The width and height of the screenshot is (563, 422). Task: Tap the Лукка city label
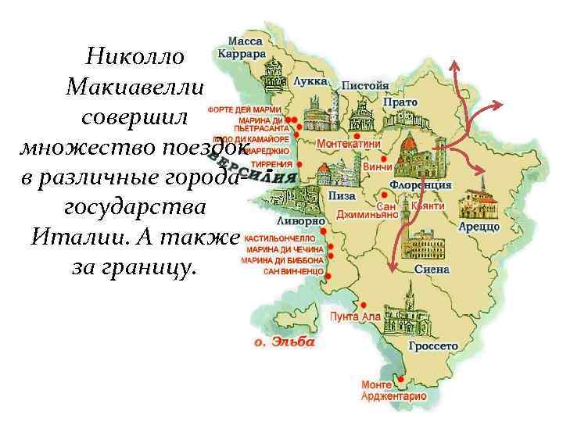[310, 81]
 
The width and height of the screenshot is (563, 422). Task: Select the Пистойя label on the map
[364, 84]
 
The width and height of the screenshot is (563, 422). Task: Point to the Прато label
[400, 102]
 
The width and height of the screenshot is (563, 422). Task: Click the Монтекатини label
[349, 145]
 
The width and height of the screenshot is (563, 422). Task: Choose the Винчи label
[378, 166]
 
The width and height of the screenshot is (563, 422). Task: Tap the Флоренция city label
[421, 185]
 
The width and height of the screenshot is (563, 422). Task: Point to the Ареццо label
[479, 226]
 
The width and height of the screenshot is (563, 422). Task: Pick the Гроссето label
[432, 345]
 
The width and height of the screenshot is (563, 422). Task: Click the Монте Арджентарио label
[393, 391]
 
